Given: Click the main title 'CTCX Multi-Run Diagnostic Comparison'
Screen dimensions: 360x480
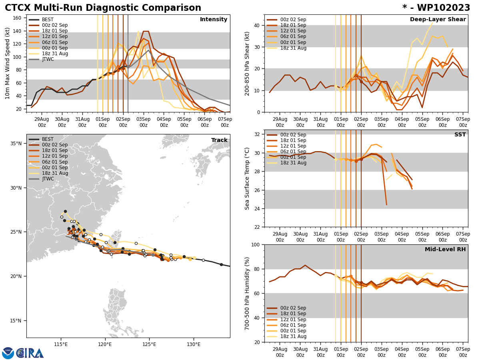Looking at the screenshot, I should [x=103, y=8].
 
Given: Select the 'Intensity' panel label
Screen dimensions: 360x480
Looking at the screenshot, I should [x=214, y=20].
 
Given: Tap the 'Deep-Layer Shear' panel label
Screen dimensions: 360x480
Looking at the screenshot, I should [x=438, y=20].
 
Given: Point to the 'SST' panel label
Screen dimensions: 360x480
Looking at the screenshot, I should [x=460, y=135].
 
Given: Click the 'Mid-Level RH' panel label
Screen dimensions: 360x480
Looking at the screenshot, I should [x=445, y=250].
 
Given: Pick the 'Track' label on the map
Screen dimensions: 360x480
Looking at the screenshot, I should [x=219, y=140].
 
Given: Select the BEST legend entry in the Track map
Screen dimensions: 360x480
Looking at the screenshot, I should [x=48, y=139].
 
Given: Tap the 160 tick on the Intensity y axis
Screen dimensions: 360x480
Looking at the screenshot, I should [x=18, y=18].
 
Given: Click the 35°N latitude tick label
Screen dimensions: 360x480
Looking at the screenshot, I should [x=16, y=144].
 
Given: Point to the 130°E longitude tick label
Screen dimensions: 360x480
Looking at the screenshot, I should [x=194, y=343].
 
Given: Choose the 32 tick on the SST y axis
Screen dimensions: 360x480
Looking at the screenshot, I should [x=257, y=134].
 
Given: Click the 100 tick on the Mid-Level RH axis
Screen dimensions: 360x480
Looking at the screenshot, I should [x=255, y=244].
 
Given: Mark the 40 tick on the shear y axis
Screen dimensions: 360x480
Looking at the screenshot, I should [x=257, y=26].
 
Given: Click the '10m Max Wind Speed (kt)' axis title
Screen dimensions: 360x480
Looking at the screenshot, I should [x=8, y=63].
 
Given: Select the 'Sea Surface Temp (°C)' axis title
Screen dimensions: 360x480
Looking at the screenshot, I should [x=247, y=178].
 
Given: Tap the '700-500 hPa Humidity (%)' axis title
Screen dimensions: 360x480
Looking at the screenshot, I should [x=247, y=293].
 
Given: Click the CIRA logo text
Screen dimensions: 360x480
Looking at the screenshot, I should [x=30, y=353].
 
